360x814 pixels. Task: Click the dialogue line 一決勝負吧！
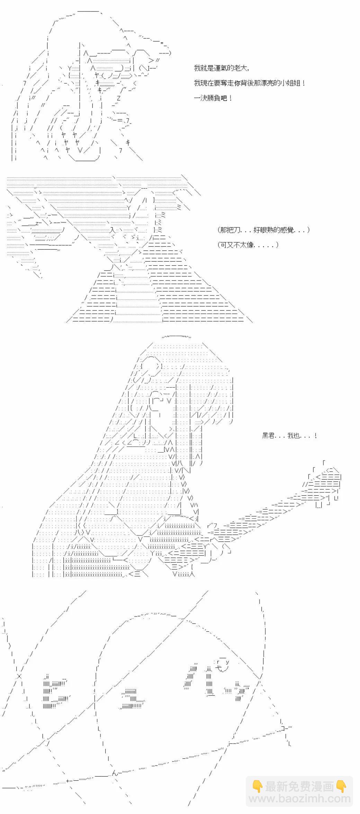coord(213,98)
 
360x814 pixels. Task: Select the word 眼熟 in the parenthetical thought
coord(263,230)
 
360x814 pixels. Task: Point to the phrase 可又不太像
coord(237,245)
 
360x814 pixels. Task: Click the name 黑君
coord(269,436)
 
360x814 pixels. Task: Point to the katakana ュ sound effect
coord(131,699)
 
